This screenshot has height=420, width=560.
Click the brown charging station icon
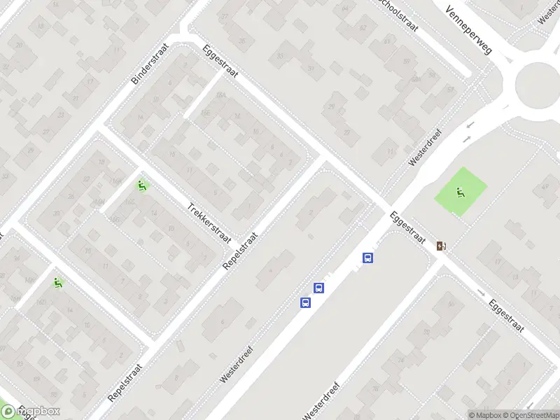tap(441, 246)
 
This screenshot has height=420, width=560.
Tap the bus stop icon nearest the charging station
tap(367, 258)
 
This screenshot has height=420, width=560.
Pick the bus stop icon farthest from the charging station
tap(305, 302)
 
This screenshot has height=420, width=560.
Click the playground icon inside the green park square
tap(461, 192)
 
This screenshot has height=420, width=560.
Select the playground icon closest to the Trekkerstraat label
tap(142, 185)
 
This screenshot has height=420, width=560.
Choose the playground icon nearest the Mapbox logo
tap(57, 282)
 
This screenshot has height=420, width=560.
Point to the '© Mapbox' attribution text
tap(484, 414)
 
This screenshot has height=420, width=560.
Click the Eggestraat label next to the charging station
tap(409, 227)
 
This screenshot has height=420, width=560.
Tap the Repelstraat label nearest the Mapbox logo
tap(126, 382)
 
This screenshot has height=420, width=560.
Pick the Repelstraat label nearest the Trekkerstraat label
tap(240, 251)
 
